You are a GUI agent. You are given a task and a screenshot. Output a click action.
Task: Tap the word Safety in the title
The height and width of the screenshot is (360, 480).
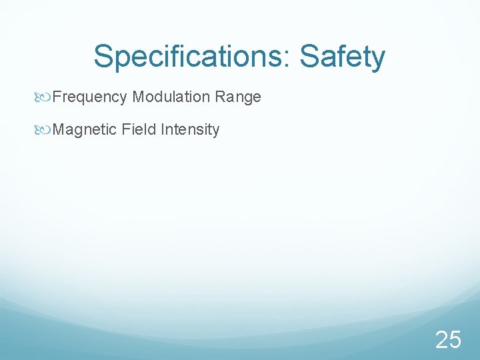343,57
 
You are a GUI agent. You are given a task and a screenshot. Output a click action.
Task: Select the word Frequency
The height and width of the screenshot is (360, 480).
89,97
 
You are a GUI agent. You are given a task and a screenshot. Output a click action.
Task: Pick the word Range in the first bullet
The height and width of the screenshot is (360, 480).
238,97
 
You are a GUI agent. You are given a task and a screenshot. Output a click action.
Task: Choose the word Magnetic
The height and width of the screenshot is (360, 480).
85,130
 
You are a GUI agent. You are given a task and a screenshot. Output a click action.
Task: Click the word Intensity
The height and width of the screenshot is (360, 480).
190,130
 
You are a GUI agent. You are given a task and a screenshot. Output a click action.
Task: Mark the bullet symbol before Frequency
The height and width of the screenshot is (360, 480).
45,97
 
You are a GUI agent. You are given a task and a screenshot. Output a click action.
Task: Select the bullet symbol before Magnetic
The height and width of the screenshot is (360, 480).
45,130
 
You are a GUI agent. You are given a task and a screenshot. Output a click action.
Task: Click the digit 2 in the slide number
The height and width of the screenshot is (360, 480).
441,340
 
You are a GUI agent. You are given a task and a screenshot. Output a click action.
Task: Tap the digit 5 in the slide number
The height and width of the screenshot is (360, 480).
455,340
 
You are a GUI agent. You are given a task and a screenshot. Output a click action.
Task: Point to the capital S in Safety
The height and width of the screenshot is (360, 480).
309,56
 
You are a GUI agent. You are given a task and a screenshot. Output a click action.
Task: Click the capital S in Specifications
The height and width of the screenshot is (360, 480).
103,56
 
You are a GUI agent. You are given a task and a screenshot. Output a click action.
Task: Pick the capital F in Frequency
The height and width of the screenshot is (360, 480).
56,97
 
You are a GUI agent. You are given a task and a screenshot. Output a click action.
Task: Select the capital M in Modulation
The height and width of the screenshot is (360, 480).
137,97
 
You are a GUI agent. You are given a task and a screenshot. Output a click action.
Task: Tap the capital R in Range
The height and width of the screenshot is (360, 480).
219,97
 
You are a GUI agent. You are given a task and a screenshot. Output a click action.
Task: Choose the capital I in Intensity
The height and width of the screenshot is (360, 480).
162,129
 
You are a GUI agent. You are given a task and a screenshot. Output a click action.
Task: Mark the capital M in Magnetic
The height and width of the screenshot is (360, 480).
57,129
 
